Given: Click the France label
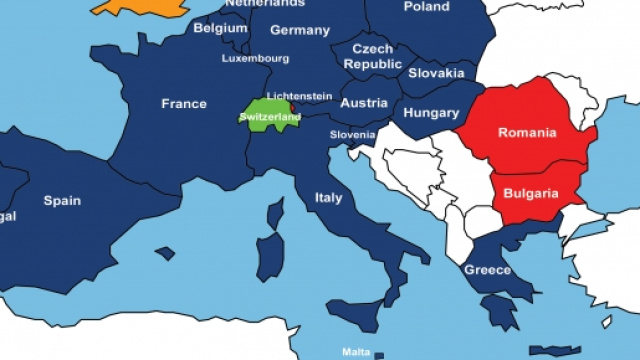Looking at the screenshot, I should coord(184,103).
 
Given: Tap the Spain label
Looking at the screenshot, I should coord(62,200).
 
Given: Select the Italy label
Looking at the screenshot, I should coord(329,197).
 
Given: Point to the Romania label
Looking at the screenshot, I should coord(528,131).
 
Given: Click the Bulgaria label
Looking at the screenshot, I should coord(530,191).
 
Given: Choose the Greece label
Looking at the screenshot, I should coord(487,270).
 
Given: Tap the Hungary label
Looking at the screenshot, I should coord(431,114).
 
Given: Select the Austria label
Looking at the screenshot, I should coord(363,103).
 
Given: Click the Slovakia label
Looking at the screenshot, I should coord(437,73).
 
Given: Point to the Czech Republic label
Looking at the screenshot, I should coord(372,56).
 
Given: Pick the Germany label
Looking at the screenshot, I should coord(299,30).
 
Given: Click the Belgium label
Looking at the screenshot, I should coord(220,28).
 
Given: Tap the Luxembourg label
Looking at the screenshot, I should coord(255,58).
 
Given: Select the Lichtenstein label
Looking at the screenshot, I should coord(300,96).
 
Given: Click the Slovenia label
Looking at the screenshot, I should coord(353,134).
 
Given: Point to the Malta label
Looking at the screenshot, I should coord(356,351).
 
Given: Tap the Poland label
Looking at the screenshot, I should coord(426,6).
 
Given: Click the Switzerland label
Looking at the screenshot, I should coord(269,118).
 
